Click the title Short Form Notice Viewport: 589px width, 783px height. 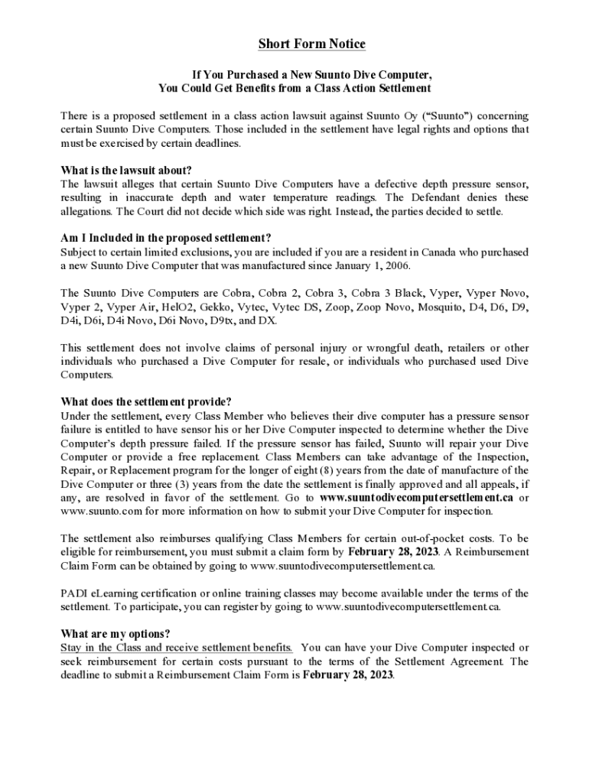pos(311,44)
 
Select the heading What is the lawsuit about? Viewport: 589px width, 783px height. pos(125,170)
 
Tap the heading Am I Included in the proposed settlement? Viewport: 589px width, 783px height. pos(166,238)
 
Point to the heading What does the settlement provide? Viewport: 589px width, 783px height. pos(145,402)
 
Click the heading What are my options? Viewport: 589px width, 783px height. pos(115,634)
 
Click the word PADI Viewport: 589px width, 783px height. pos(74,593)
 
